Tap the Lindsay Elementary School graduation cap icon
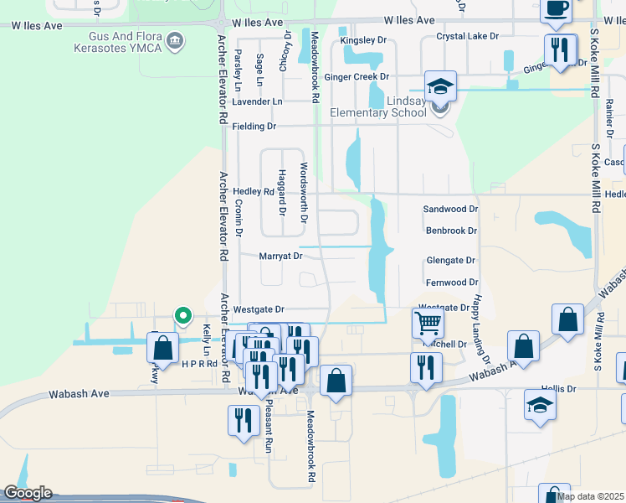click(x=440, y=86)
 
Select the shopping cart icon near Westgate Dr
click(x=428, y=322)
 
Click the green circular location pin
click(x=183, y=316)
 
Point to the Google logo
click(x=28, y=493)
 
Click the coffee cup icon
click(x=556, y=9)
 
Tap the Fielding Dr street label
click(x=254, y=127)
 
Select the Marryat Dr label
click(x=280, y=256)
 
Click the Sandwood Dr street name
click(x=450, y=209)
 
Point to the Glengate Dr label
click(x=450, y=261)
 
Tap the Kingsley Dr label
click(x=363, y=40)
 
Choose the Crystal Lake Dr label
click(x=467, y=37)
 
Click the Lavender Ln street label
click(x=257, y=101)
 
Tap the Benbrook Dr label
click(x=450, y=231)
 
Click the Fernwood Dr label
click(x=451, y=283)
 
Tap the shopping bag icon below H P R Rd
click(x=336, y=381)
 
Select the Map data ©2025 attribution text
click(x=590, y=496)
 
